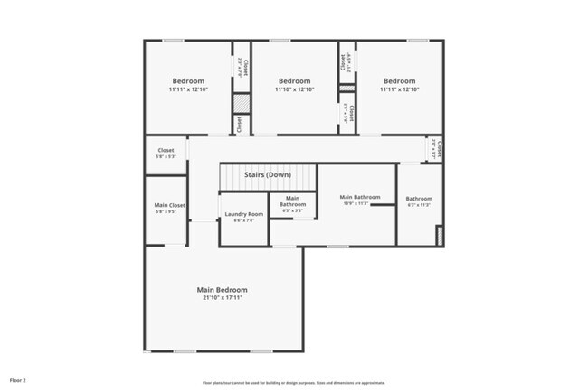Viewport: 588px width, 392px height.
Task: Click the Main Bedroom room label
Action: click(x=222, y=290)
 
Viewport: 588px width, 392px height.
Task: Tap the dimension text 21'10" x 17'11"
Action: click(x=222, y=298)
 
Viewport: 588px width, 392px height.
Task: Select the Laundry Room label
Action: click(x=242, y=213)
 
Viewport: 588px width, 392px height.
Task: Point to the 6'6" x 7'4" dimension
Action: click(x=242, y=220)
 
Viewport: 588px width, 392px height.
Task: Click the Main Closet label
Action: click(x=169, y=205)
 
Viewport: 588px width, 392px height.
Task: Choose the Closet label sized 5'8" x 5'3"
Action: click(x=166, y=150)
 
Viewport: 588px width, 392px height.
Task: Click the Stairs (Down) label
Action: click(x=269, y=174)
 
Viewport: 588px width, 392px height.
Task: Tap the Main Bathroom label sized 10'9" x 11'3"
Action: click(x=359, y=196)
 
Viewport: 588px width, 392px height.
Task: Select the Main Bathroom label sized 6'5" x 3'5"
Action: click(x=292, y=201)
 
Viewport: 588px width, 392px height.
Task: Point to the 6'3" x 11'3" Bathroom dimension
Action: click(x=419, y=205)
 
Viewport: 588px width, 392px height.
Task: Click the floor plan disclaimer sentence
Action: click(x=293, y=382)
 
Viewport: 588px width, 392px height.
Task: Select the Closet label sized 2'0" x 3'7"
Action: click(x=435, y=146)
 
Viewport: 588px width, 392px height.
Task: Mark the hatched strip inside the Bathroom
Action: click(x=439, y=236)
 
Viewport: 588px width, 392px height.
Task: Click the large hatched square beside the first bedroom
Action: click(x=241, y=103)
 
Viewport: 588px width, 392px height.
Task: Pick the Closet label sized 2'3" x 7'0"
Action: click(x=240, y=65)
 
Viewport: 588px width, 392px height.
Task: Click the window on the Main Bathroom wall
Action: click(x=337, y=246)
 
